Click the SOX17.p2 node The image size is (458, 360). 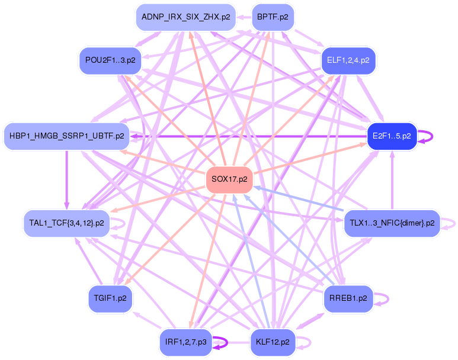(229, 179)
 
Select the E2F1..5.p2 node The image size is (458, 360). (392, 136)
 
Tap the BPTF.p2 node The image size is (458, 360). (273, 17)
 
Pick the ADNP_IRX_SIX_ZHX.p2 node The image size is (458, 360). (186, 17)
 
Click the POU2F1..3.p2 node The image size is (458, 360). (110, 60)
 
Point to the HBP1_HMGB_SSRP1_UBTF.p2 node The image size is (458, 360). (67, 136)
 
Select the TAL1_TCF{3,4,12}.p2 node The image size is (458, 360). (66, 223)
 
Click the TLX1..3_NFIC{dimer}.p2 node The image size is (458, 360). (392, 223)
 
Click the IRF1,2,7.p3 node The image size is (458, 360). (186, 342)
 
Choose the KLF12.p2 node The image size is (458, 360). (273, 342)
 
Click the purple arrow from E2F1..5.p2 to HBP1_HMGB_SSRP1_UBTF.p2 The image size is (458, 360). (249, 136)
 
